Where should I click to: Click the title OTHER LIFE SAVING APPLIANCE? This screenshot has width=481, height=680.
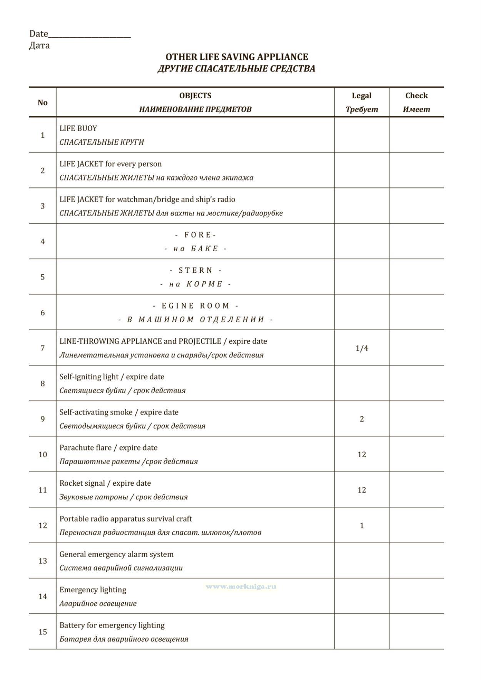coord(237,57)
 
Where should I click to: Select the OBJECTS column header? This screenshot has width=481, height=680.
coord(195,95)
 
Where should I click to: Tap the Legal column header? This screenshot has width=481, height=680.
coord(361,95)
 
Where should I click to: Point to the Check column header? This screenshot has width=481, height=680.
coord(416,95)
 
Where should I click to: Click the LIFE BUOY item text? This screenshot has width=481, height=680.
coord(78,128)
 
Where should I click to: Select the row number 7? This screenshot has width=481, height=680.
coord(43,348)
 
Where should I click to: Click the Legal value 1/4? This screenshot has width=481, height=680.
coord(362,348)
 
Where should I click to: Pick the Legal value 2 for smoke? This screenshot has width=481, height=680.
coord(362,419)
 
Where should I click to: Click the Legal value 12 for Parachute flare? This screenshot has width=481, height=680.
coord(362,454)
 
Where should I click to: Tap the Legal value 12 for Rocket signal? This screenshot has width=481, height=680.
coord(362,490)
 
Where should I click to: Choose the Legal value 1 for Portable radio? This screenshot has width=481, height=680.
coord(362,526)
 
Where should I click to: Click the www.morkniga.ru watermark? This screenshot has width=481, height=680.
coord(241,586)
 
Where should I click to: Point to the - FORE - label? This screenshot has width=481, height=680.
coord(195,235)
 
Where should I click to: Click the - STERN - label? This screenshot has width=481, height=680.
coord(195,270)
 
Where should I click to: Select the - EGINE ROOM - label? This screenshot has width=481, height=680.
coord(195,306)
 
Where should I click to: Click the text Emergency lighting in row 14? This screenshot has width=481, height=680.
coord(93,590)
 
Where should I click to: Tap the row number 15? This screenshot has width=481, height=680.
coord(43,632)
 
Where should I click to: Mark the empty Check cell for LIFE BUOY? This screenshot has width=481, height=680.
coord(416,135)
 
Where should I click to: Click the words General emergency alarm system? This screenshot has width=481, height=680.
coord(116,554)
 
